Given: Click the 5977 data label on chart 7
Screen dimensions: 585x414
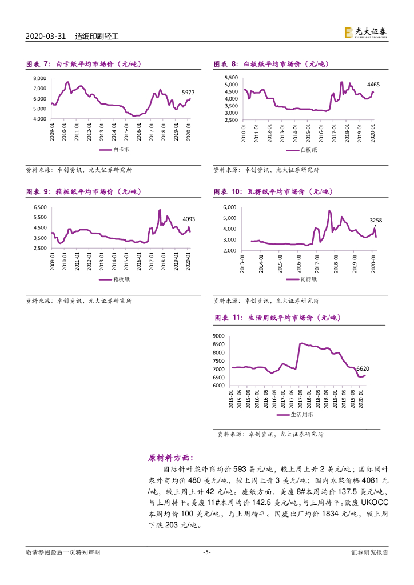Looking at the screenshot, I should point(188,92).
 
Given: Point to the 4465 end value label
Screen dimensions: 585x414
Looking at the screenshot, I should point(373,84).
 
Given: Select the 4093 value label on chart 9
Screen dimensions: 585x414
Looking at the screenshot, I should point(189,219).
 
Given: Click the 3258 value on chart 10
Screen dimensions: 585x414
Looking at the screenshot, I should point(376,220).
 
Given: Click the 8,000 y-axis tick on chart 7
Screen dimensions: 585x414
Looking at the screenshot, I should point(39,78).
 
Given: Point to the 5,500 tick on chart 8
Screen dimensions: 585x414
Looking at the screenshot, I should point(230,77).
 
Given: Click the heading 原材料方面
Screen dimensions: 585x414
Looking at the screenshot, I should point(170,458).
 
